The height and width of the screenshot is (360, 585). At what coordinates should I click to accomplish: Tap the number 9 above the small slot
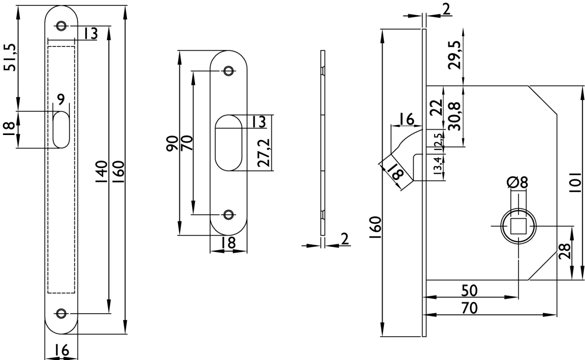click(x=61, y=98)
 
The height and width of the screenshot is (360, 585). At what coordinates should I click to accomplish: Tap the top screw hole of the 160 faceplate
click(x=61, y=26)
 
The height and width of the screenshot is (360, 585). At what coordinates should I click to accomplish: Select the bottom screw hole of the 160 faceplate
click(x=61, y=313)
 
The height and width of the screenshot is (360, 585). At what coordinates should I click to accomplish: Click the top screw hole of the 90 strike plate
click(x=229, y=71)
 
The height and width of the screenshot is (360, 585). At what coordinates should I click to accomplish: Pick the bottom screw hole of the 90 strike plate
click(x=229, y=215)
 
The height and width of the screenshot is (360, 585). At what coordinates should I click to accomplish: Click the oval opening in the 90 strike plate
click(x=229, y=143)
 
